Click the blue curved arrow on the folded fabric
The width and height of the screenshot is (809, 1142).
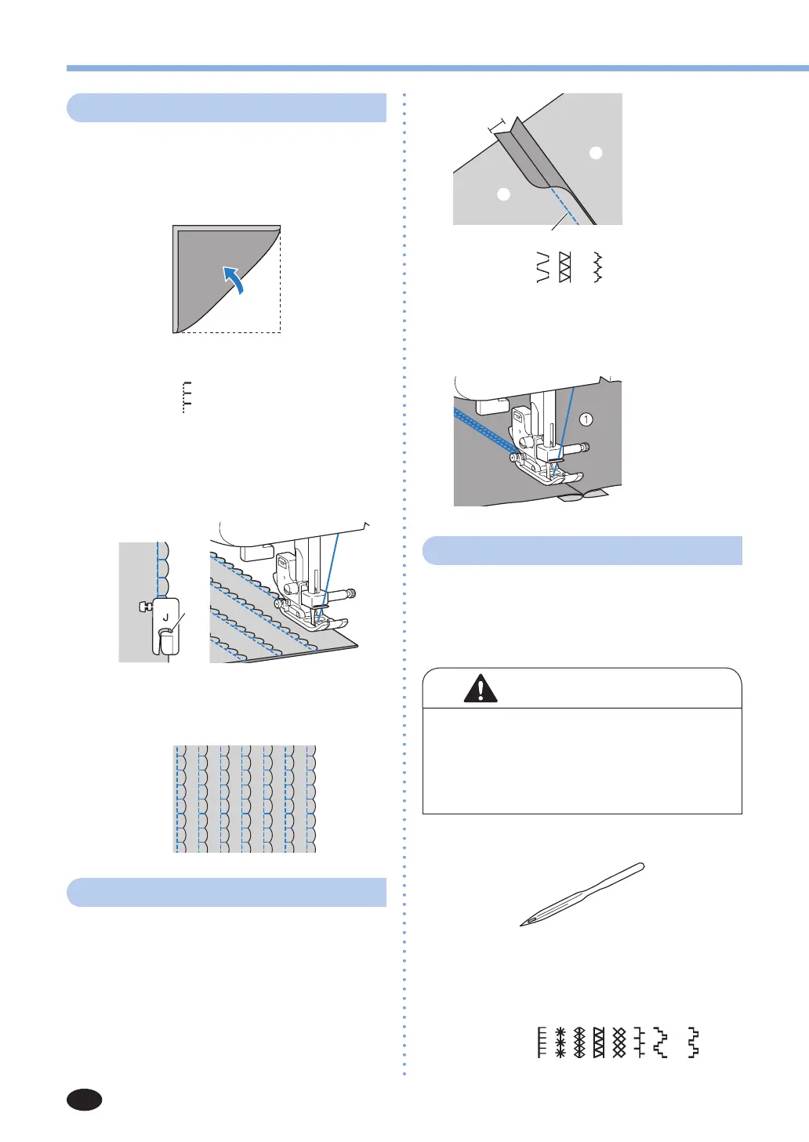pyautogui.click(x=234, y=279)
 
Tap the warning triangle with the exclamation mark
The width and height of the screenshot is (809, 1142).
pyautogui.click(x=480, y=688)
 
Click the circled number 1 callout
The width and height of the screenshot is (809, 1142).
pyautogui.click(x=586, y=419)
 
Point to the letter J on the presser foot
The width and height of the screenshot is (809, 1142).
pyautogui.click(x=165, y=618)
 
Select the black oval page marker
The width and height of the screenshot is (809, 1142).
pyautogui.click(x=84, y=1100)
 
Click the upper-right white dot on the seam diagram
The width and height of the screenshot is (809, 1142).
pyautogui.click(x=596, y=152)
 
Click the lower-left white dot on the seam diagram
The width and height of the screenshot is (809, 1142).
pyautogui.click(x=504, y=194)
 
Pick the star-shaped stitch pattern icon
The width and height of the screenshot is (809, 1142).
pyautogui.click(x=560, y=1042)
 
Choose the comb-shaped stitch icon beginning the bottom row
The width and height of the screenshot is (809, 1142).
pyautogui.click(x=542, y=1042)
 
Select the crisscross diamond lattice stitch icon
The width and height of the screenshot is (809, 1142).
pyautogui.click(x=619, y=1042)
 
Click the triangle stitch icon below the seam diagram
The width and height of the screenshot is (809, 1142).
pyautogui.click(x=564, y=267)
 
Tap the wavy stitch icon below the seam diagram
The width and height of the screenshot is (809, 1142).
pyautogui.click(x=597, y=267)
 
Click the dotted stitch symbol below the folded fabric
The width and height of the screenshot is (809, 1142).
pyautogui.click(x=187, y=397)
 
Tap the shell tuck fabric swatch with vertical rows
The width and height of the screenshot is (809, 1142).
pyautogui.click(x=245, y=799)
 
